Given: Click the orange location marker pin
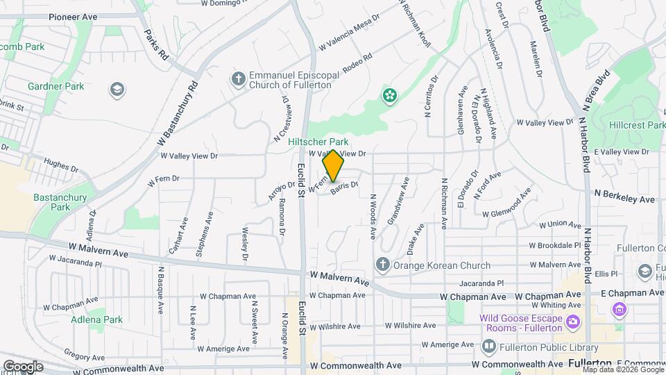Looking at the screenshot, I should [333, 166].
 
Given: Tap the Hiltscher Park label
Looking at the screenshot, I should [318, 141].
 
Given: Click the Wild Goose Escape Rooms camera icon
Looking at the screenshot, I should [573, 321].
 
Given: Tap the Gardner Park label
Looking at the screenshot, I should [55, 86].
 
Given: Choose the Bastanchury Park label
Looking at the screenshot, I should [60, 202].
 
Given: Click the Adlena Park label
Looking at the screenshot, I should [96, 319].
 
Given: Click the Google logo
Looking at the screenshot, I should [23, 366].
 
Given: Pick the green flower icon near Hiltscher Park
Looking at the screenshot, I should [390, 94].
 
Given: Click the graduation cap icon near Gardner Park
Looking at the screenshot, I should [117, 89].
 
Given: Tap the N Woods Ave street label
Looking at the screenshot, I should [373, 216].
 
